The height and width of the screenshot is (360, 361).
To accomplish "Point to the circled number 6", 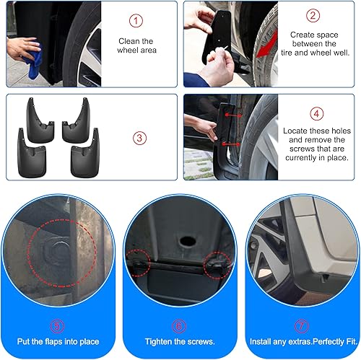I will pos(179,326).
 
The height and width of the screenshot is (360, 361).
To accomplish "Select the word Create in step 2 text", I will pos(303,34).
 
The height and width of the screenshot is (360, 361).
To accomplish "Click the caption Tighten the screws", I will pos(179,341).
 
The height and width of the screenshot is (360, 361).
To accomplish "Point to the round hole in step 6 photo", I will pos(180,238).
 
